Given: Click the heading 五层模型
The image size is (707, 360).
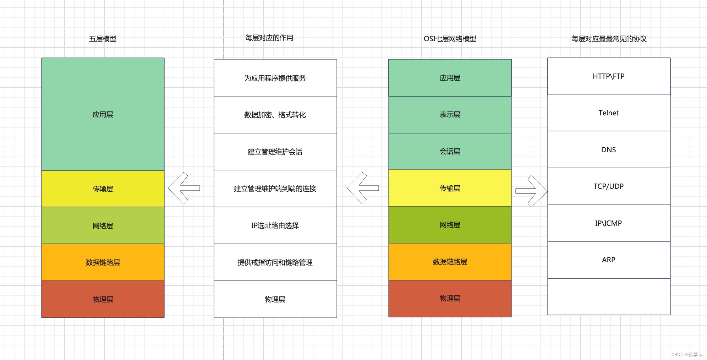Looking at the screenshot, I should click(x=103, y=39).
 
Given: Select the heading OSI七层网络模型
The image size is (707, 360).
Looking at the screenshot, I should click(x=450, y=39).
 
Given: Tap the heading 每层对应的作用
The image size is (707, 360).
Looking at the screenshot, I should click(x=269, y=38).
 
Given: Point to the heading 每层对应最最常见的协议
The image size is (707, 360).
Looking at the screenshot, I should click(x=609, y=39).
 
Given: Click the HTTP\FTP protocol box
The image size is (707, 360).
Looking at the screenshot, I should click(x=609, y=76).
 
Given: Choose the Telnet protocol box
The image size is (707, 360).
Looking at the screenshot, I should click(x=609, y=113).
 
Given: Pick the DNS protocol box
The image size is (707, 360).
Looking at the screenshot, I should click(x=609, y=150).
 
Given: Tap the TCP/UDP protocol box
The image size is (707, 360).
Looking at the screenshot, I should click(x=609, y=186).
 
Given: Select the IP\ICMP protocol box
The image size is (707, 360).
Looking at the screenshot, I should click(x=609, y=223).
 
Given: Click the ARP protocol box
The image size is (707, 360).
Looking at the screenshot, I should click(x=609, y=260).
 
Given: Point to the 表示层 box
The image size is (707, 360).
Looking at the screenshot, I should click(x=450, y=115).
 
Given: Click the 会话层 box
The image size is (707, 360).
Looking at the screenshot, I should click(x=450, y=152).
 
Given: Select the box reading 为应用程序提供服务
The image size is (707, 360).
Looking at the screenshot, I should click(x=275, y=78).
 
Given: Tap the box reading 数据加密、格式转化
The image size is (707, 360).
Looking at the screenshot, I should click(x=275, y=115).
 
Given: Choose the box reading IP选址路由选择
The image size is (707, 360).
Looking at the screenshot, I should click(x=275, y=225).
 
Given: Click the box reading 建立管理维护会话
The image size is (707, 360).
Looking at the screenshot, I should click(x=275, y=152).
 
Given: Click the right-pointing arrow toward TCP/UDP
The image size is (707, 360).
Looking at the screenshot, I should click(x=531, y=191).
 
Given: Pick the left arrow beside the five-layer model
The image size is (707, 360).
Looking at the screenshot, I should click(x=184, y=188).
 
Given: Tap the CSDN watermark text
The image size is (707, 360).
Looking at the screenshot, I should click(x=686, y=354).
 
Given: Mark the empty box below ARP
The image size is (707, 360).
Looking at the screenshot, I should click(x=609, y=297).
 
